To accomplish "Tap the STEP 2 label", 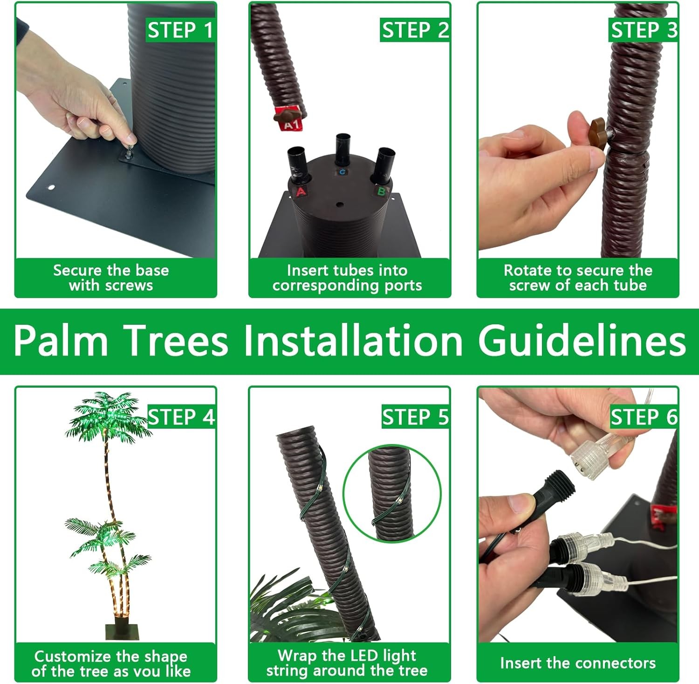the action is [x=415, y=30].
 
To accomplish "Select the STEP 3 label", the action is [x=644, y=30].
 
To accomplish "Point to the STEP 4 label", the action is [x=181, y=417].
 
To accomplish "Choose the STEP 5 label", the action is [x=415, y=417].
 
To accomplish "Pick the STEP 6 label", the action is [x=644, y=417].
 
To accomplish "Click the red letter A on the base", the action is [x=301, y=191].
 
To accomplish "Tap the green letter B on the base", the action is [x=381, y=191].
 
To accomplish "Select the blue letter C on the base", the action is [x=343, y=172].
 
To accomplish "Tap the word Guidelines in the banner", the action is [x=582, y=341].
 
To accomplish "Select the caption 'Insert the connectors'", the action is [x=578, y=663].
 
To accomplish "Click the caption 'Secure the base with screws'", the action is [x=111, y=277].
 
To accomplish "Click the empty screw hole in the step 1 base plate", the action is [x=51, y=188].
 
